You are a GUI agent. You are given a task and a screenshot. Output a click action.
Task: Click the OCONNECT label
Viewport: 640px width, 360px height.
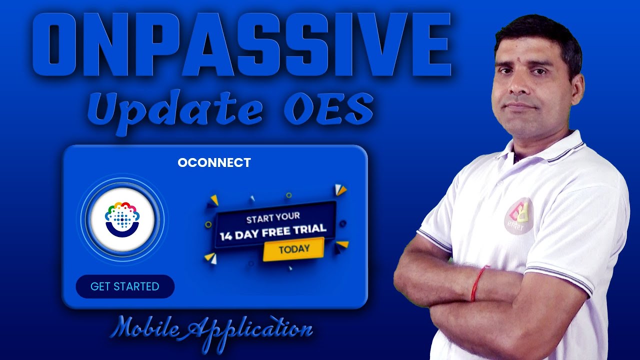[214, 163]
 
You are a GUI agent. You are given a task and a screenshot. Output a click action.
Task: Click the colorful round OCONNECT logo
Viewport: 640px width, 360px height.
[122, 219]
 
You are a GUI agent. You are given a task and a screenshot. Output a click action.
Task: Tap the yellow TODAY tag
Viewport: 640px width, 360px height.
[294, 248]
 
